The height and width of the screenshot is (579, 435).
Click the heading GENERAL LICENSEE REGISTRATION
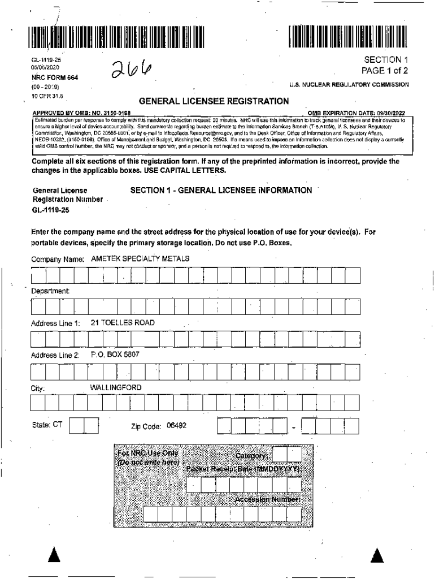point(214,101)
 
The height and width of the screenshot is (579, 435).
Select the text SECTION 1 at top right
point(386,60)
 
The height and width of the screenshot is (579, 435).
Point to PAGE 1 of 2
point(385,71)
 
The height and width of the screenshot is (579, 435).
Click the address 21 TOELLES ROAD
point(123,322)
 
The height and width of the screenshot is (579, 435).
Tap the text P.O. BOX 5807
point(115,355)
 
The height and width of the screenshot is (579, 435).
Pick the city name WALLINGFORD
point(116,387)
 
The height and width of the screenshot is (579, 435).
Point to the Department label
point(50,291)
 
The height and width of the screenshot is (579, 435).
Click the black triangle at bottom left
point(54,555)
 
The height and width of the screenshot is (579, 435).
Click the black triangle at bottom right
point(377,555)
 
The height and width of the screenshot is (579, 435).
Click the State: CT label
point(47,425)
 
